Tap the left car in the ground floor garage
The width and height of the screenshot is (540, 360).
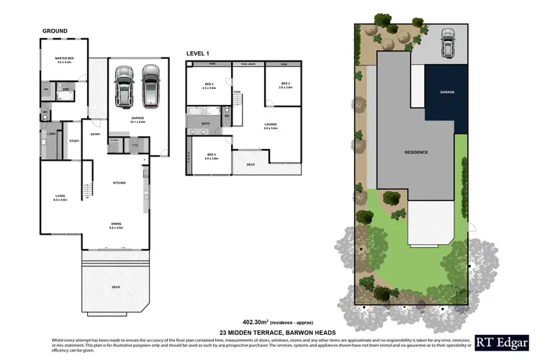(x=125, y=85)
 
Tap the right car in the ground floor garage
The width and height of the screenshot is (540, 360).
(x=150, y=85)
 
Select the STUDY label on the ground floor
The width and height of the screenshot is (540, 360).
(x=74, y=140)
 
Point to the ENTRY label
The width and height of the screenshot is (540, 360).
(x=95, y=134)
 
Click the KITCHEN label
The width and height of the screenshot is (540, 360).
(x=119, y=183)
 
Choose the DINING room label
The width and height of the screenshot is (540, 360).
(x=116, y=225)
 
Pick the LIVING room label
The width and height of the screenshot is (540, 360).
(x=60, y=197)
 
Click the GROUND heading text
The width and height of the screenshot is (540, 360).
(x=55, y=31)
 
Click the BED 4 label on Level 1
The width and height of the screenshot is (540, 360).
(x=211, y=156)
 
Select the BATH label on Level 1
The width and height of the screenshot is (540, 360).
(x=205, y=124)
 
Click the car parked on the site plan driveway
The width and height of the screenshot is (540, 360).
(x=447, y=42)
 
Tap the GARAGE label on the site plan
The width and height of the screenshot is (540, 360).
(x=446, y=93)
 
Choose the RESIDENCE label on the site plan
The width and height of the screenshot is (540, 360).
(x=415, y=152)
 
